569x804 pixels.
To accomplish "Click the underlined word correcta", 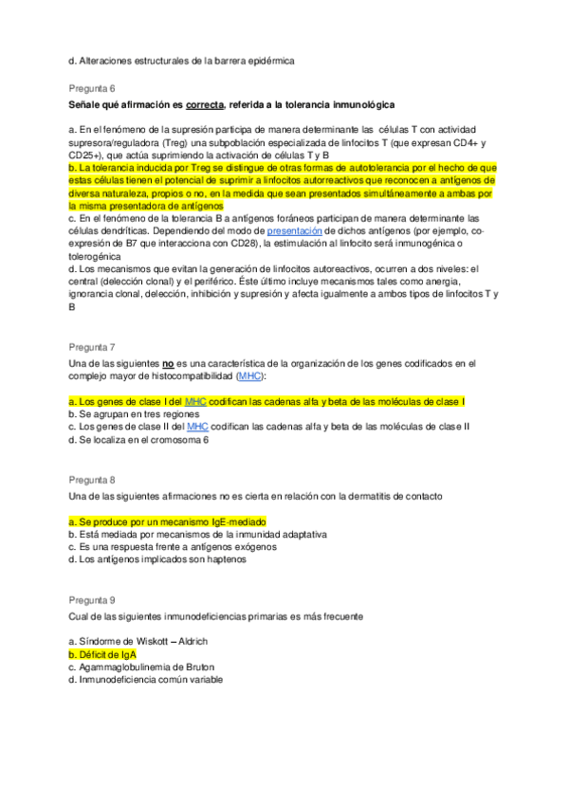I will tap(211, 102).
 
